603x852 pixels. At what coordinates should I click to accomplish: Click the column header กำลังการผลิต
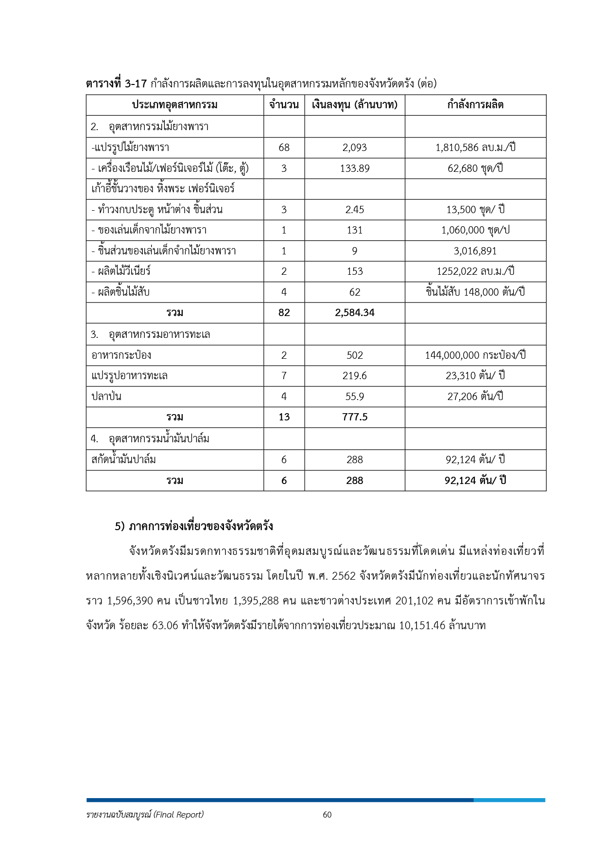[475, 105]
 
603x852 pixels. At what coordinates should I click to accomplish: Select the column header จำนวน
[284, 105]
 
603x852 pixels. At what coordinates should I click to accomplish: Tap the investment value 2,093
[355, 147]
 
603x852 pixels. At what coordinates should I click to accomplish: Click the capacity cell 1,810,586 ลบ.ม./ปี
[475, 147]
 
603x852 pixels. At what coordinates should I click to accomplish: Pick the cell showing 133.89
[355, 168]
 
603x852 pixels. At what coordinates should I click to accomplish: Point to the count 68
[284, 147]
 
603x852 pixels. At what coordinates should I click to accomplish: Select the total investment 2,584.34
[355, 313]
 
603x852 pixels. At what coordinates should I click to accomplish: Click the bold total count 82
[284, 313]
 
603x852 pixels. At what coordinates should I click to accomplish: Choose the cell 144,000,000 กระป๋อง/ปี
[475, 355]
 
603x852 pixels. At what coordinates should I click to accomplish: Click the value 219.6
[355, 376]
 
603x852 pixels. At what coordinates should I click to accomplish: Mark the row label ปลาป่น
[106, 396]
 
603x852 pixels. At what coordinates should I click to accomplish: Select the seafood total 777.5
[355, 417]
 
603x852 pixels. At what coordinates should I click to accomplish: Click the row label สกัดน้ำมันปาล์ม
[123, 459]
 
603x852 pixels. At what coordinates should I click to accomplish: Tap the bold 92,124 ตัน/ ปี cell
[475, 480]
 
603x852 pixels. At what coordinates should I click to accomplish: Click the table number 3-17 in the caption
[136, 84]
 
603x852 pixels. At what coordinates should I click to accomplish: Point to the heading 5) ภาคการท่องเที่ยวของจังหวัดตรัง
[194, 526]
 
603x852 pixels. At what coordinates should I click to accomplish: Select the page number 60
[327, 815]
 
